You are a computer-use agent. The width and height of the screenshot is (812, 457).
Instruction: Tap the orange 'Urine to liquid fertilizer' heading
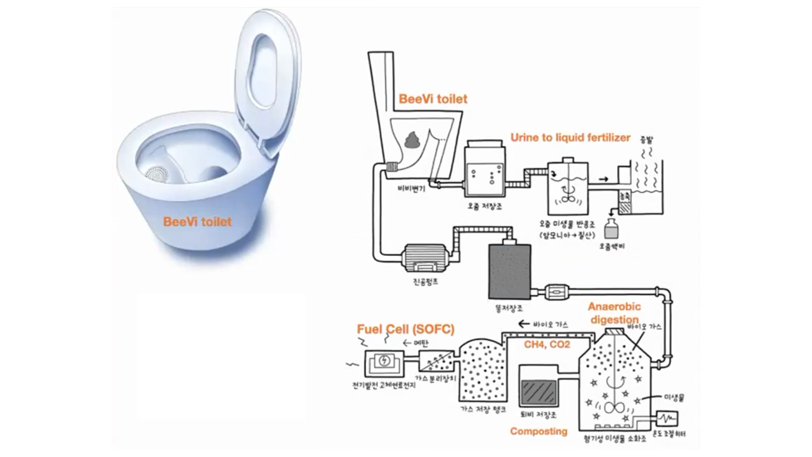click(570, 137)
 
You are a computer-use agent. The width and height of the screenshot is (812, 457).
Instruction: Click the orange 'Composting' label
click(539, 431)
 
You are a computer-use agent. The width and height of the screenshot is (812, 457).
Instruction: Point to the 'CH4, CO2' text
click(547, 345)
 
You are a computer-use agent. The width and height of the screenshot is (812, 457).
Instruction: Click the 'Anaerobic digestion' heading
click(614, 313)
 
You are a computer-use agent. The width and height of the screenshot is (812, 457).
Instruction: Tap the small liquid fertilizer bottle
click(612, 228)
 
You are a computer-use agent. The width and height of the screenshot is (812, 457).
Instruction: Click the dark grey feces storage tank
click(509, 270)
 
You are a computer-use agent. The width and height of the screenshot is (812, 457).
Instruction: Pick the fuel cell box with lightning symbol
click(384, 361)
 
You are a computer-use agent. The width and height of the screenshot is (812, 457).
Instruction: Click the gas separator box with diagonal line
click(435, 361)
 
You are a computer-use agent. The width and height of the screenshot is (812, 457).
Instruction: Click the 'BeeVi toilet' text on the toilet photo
click(197, 222)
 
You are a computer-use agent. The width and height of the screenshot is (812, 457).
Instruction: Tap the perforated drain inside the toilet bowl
click(156, 173)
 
